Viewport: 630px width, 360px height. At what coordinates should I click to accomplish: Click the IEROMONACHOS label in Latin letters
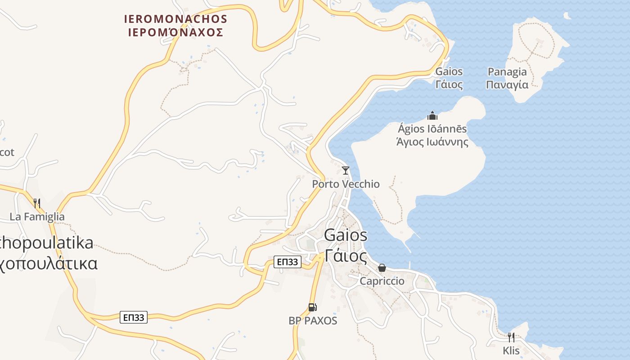pos(176,19)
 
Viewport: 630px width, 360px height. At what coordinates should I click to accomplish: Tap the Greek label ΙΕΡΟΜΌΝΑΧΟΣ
pos(176,32)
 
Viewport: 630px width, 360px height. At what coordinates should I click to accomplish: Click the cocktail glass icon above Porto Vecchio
pos(346,171)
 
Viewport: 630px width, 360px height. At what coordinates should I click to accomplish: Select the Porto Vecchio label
pos(346,184)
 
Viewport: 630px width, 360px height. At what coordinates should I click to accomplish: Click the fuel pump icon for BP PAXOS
pos(312,307)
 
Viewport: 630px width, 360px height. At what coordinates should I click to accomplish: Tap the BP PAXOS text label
pos(313,321)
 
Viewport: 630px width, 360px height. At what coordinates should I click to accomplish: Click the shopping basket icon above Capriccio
pos(382,268)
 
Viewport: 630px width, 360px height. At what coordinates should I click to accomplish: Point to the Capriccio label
pos(382,281)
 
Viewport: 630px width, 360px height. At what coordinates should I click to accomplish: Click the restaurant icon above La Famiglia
pos(37,203)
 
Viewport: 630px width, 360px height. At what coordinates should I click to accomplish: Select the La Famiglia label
pos(37,216)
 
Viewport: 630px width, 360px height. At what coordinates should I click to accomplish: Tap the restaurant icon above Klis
pos(511,337)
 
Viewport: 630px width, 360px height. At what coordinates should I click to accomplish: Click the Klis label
pos(511,351)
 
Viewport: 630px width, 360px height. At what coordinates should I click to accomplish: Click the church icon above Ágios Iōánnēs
pos(432,116)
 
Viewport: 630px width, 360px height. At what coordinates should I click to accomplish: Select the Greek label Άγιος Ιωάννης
pos(432,142)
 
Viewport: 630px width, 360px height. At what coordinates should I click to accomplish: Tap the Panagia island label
pos(507,72)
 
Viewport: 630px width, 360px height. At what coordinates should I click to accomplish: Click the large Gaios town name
pos(346,235)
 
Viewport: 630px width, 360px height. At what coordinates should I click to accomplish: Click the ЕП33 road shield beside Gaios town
pos(288,262)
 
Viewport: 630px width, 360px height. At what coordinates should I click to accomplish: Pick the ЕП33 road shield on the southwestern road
pos(134,317)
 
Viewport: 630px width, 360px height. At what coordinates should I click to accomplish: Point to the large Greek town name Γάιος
pos(346,256)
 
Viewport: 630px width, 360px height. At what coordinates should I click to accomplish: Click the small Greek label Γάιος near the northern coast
pos(449,85)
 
